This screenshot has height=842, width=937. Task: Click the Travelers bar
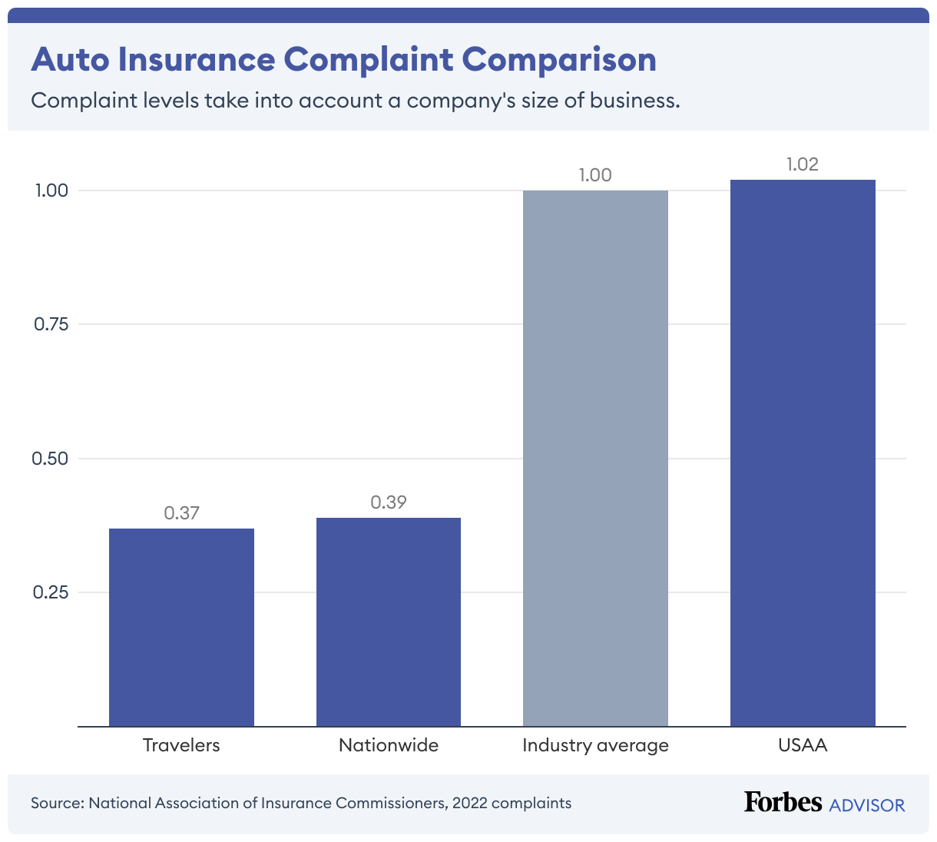(x=181, y=627)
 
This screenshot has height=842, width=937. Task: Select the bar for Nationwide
(x=389, y=622)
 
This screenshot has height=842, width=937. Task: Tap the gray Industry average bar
(x=595, y=458)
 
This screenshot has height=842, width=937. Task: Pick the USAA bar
(x=803, y=452)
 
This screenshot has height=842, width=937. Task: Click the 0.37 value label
(x=181, y=513)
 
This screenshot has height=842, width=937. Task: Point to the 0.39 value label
(x=389, y=502)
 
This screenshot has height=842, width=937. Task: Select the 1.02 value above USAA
(x=803, y=164)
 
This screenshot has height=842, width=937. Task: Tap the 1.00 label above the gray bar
(x=595, y=175)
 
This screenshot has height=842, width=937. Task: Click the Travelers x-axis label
(x=181, y=745)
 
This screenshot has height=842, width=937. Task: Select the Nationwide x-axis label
(x=389, y=745)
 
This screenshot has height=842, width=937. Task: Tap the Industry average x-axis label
(x=595, y=745)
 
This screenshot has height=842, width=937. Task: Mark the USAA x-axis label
(x=803, y=745)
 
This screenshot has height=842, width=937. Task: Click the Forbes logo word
(x=783, y=802)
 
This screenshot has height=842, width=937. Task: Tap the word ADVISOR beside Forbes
(x=867, y=804)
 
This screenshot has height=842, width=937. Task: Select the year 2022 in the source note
(x=469, y=804)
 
